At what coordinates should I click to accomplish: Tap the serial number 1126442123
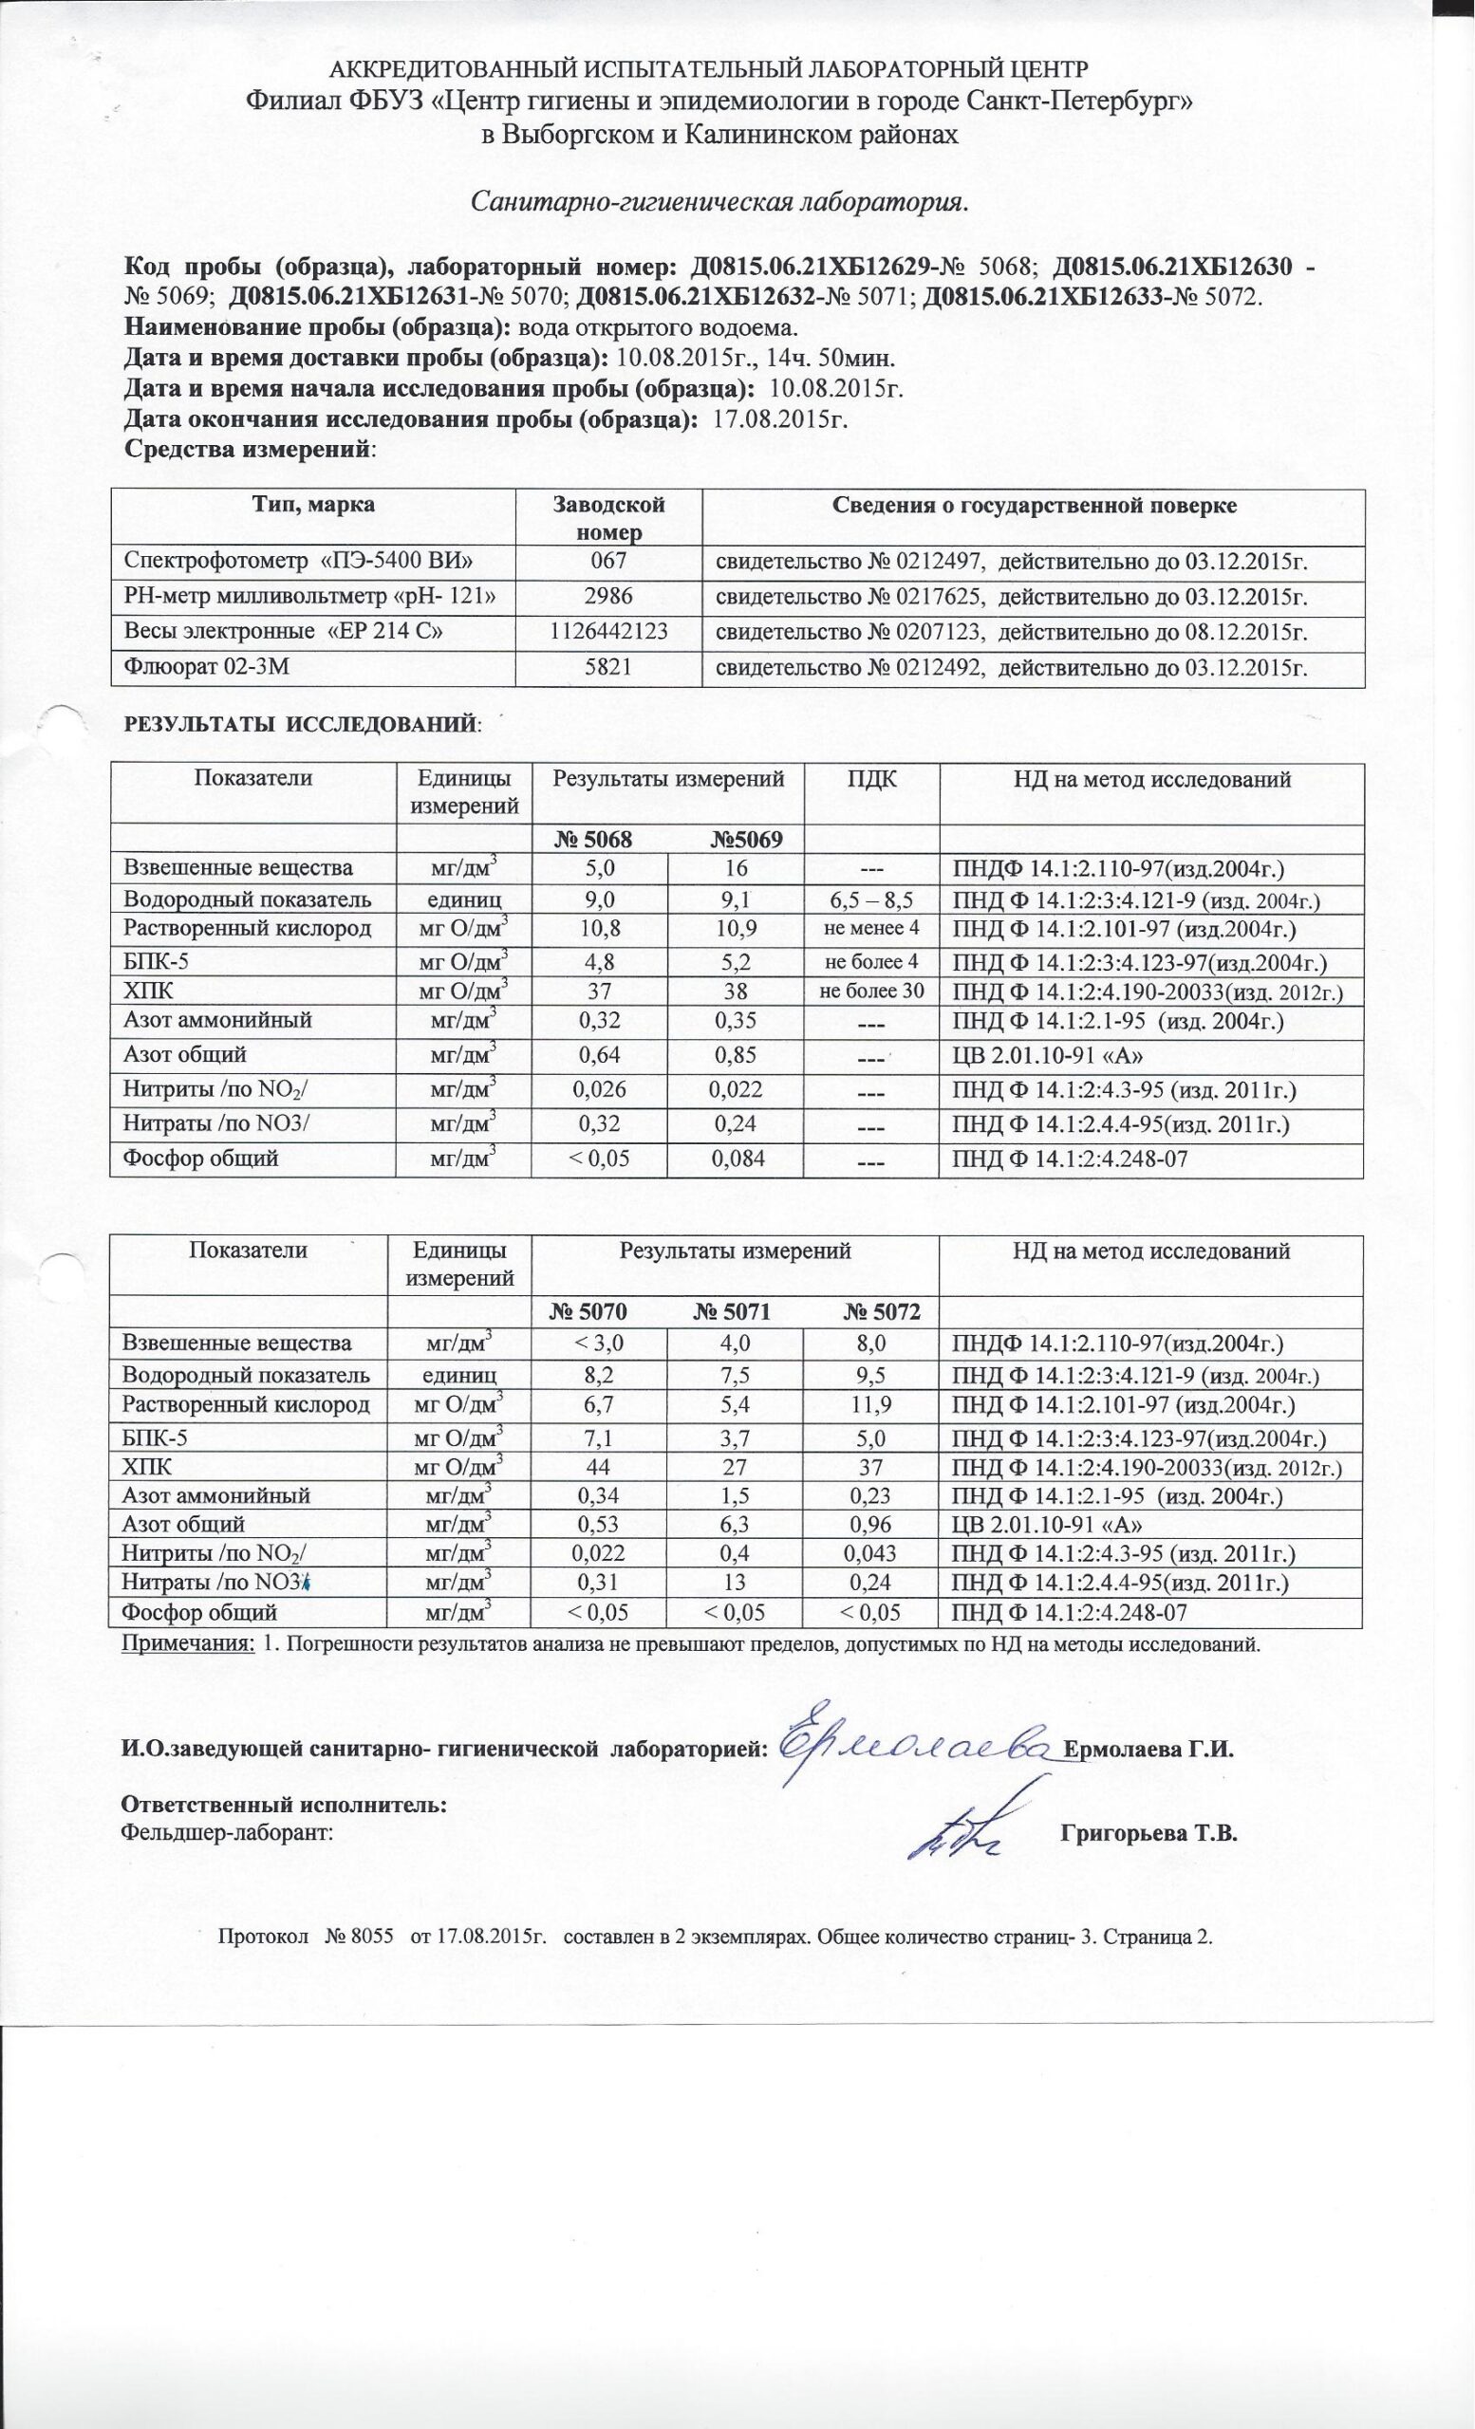608,632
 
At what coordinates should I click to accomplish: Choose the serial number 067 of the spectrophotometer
608,562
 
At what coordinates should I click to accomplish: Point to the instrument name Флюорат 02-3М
206,667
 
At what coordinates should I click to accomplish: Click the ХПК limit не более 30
871,991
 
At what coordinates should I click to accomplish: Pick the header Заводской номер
608,518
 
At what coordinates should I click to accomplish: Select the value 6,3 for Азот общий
735,1525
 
